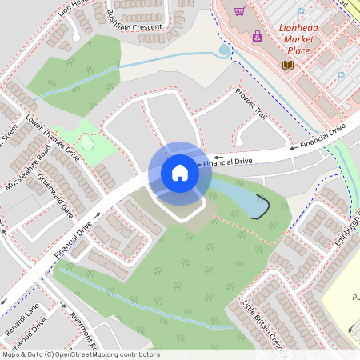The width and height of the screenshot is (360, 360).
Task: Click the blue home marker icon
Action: point(180,172)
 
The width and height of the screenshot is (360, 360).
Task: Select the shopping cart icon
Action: point(238,11)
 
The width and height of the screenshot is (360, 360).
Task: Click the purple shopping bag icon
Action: point(257,36)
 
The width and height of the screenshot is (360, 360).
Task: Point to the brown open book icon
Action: point(286,64)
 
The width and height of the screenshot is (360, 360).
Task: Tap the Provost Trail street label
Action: point(250,104)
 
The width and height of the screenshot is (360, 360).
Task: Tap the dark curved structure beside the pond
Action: point(262,206)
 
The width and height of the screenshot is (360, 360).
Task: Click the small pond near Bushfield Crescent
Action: point(225,50)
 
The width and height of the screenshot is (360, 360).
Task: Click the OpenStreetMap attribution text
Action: point(80,354)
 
